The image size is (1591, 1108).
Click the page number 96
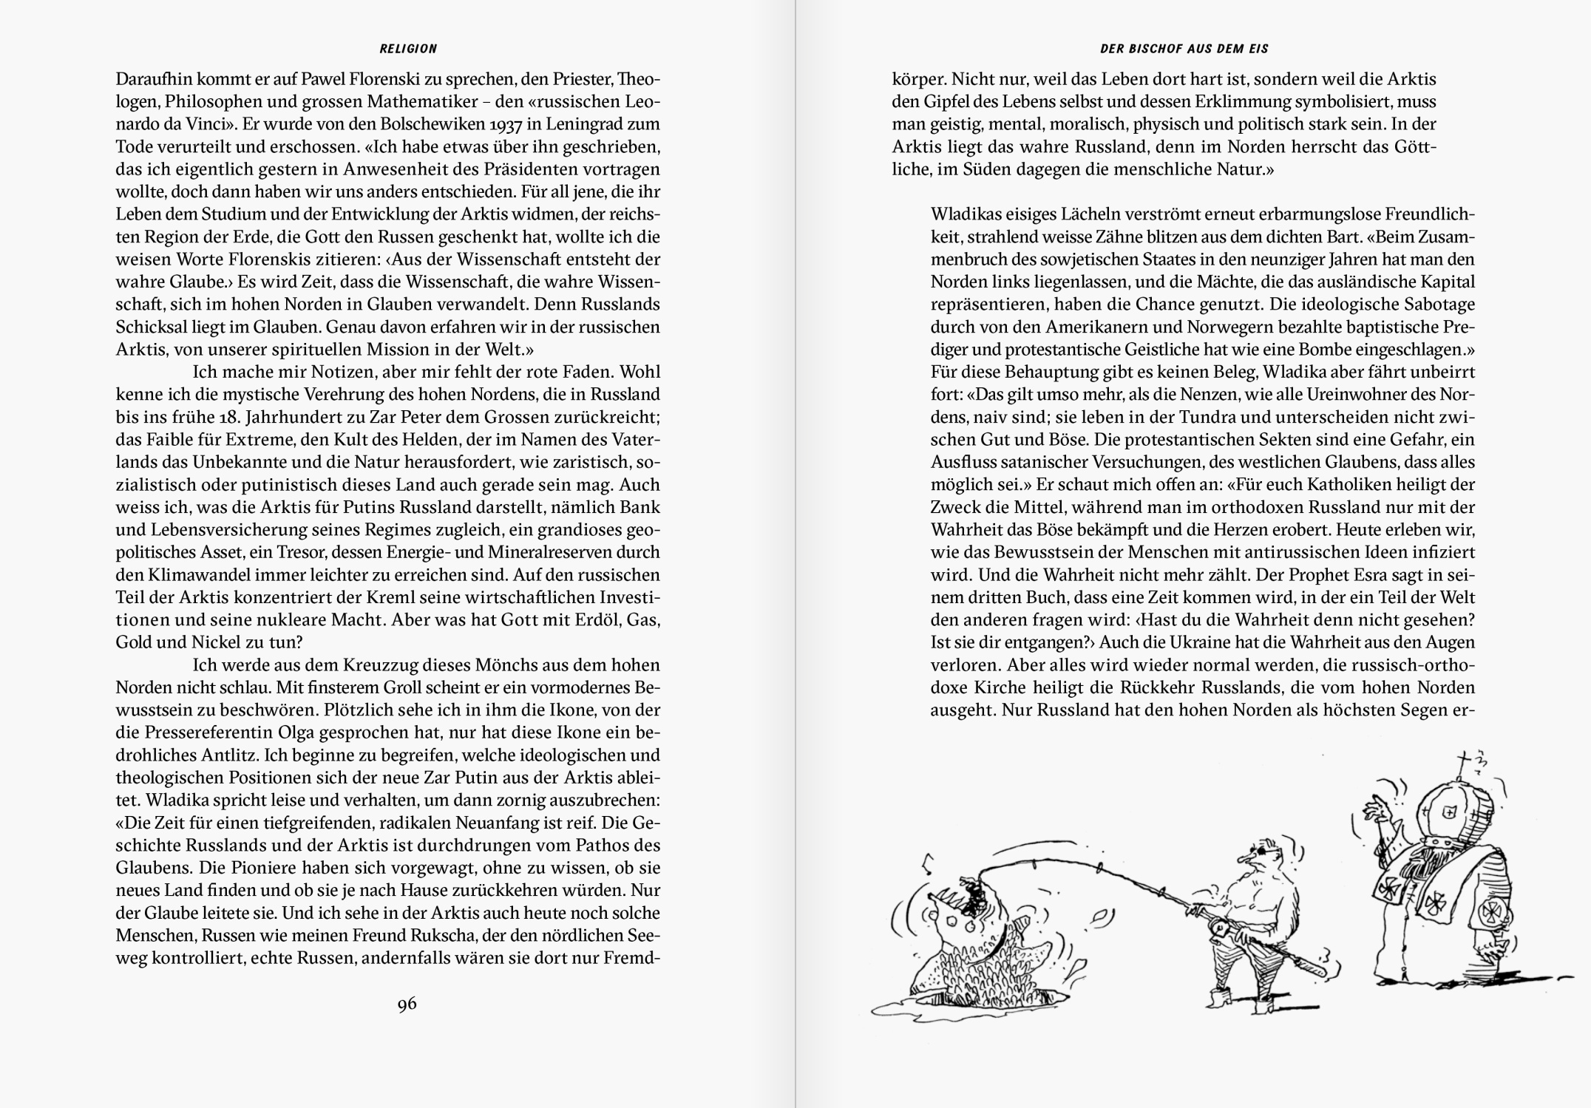tap(407, 1004)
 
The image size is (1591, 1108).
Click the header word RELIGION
tap(408, 49)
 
